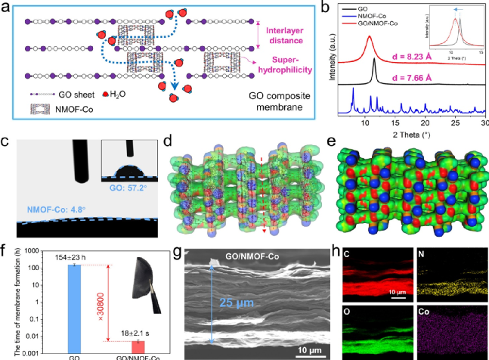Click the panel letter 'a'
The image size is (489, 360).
8,8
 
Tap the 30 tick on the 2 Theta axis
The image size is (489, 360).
484,122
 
